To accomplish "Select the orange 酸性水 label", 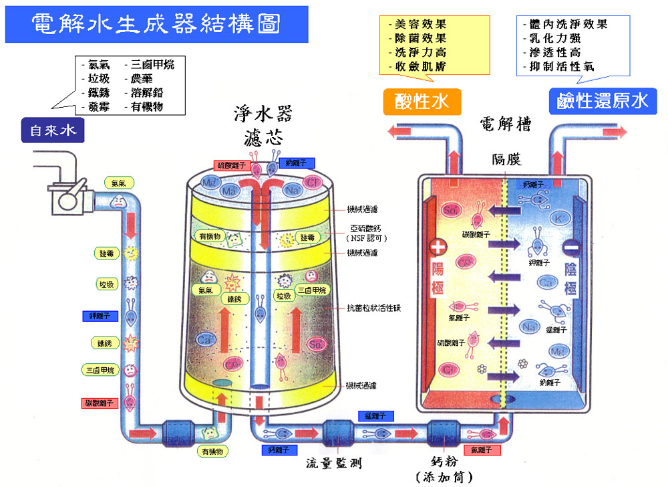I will point(423,102).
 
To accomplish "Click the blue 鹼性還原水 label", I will point(603,101).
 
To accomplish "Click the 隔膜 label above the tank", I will point(506,159).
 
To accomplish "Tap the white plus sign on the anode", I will point(438,247).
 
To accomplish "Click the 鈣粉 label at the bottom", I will point(444,462).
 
